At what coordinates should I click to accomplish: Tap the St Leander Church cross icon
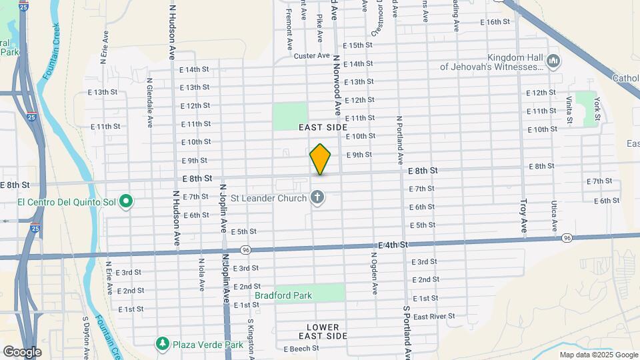click(317, 197)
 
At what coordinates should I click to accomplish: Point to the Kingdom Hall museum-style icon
click(553, 62)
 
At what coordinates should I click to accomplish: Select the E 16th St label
click(495, 22)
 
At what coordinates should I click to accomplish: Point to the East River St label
click(433, 316)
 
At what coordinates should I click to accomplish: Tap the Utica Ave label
click(553, 217)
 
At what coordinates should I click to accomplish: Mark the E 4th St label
click(393, 245)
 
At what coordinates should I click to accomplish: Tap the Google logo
click(22, 351)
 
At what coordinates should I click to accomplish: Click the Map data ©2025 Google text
click(598, 355)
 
